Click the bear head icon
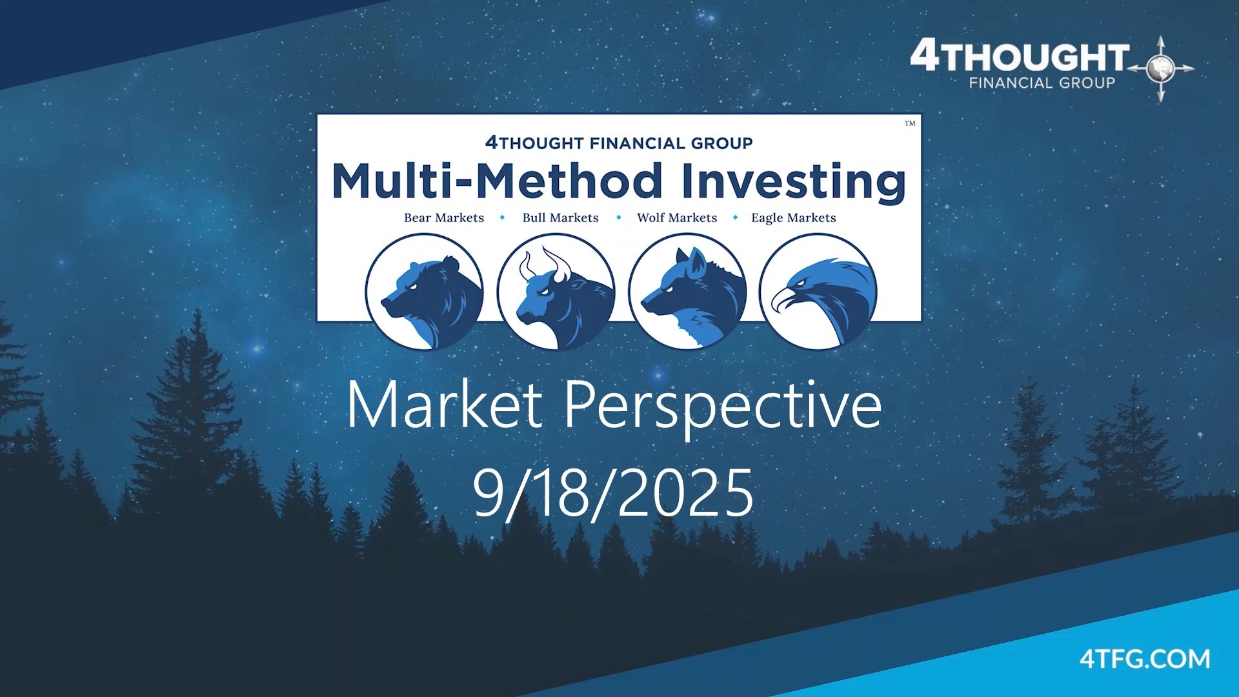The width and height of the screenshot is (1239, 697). pos(425,292)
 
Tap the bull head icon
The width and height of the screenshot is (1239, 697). pos(556,292)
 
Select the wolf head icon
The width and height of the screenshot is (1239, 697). pos(687,292)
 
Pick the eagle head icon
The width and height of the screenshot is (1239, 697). pos(818,292)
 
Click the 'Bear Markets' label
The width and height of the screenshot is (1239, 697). pos(444,218)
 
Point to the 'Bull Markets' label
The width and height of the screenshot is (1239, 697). pos(561,218)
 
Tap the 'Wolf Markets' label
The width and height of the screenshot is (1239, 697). pos(677,218)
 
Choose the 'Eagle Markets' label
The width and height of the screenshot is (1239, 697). pos(794,218)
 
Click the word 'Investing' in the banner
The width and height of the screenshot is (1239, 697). pos(794,181)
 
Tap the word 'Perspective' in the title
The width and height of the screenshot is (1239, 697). pos(723,406)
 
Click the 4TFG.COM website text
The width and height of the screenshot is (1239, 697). pos(1145,659)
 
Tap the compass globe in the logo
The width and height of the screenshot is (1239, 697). pos(1161,68)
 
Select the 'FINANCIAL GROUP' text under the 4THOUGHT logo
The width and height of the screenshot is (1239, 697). pos(1042,83)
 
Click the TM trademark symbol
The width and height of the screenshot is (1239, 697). pos(910,123)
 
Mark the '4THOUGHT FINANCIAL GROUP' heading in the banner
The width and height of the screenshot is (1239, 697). pos(619,143)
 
